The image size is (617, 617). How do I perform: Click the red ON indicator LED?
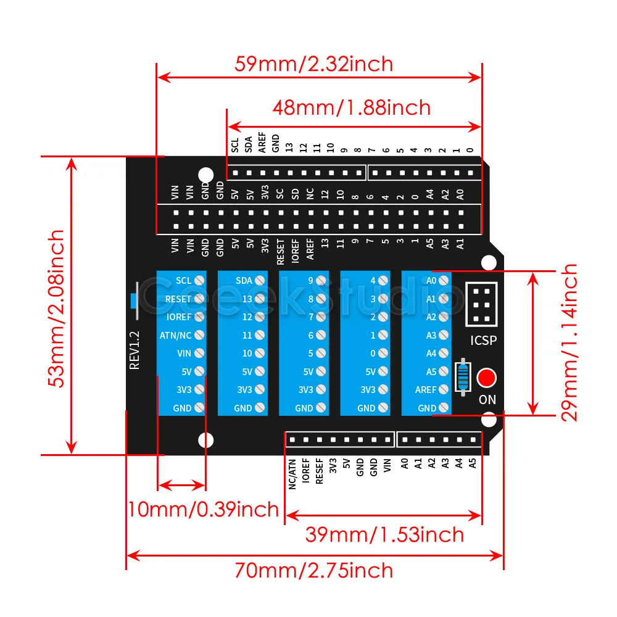487,377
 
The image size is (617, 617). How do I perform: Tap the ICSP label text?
483,340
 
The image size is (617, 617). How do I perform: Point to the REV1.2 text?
135,350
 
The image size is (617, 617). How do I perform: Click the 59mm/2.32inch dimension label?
313,64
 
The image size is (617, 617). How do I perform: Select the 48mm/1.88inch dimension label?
352,107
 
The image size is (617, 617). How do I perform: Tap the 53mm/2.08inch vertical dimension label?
57,308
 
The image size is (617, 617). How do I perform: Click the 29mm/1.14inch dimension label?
569,342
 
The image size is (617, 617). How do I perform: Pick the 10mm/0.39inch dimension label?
204,510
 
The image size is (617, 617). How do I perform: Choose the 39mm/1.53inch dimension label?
384,534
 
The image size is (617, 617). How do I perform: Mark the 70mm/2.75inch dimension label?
313,570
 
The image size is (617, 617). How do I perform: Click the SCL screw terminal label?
183,280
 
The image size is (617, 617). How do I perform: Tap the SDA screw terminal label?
244,280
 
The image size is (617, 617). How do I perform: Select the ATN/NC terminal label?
175,335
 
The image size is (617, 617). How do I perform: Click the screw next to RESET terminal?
199,299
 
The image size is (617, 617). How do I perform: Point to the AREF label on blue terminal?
426,390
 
